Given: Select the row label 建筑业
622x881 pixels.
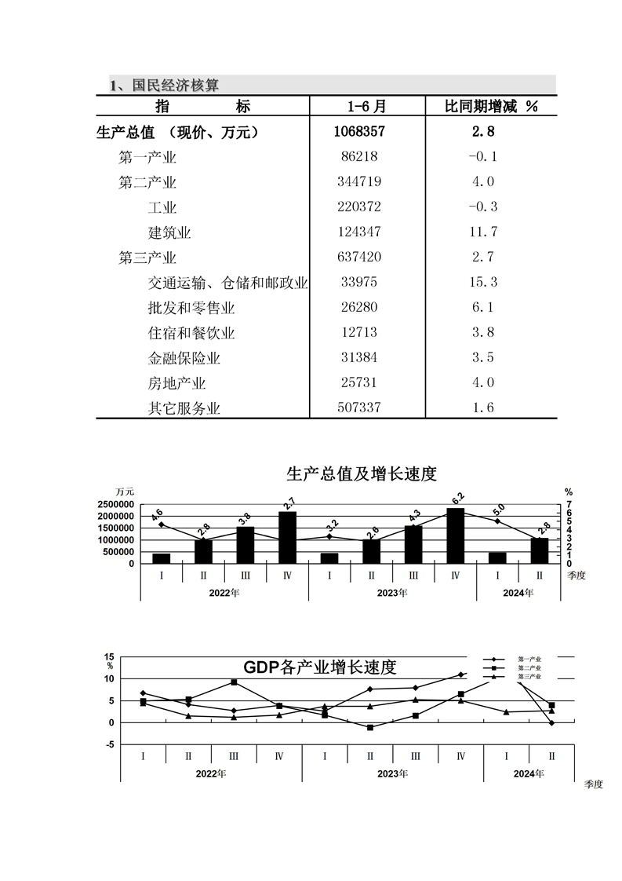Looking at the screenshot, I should click(169, 232).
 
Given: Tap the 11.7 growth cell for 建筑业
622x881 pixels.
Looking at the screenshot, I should click(482, 232).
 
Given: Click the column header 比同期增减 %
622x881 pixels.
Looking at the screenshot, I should click(491, 107).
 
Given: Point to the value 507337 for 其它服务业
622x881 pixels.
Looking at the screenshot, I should click(359, 408).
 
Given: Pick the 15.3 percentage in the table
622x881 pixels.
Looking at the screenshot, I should click(482, 283).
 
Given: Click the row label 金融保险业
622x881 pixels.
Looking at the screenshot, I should click(184, 358).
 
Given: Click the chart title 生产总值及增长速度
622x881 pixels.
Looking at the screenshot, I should click(362, 473).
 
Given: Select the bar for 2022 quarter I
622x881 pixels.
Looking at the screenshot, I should click(162, 558).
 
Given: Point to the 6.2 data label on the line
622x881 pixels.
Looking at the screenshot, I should click(458, 497).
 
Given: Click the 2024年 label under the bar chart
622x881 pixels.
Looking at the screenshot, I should click(518, 593).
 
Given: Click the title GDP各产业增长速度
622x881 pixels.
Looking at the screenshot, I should click(319, 667).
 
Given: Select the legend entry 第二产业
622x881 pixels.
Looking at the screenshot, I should click(529, 667).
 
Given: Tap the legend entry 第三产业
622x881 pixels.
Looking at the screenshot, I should click(529, 676).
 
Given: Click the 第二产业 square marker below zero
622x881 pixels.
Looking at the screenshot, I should click(370, 728).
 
